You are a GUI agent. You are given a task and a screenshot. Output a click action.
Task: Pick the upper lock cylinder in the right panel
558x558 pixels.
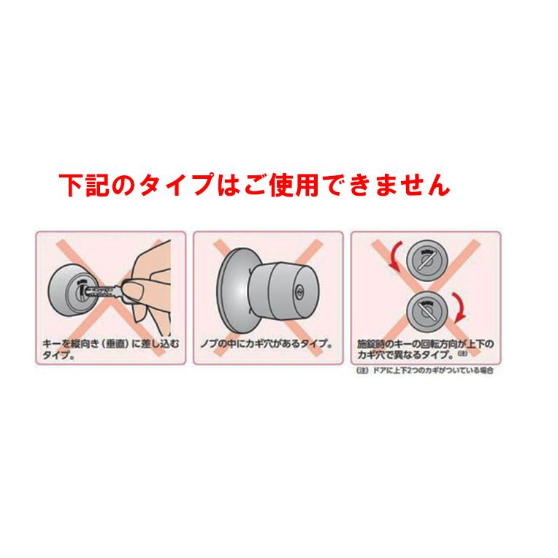tap(423, 258)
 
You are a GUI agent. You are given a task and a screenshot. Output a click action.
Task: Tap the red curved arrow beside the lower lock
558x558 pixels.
tap(461, 307)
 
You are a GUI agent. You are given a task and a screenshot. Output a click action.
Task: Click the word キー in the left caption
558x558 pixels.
tap(51, 341)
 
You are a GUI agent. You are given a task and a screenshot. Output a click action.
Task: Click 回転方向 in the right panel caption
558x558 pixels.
tap(427, 341)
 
